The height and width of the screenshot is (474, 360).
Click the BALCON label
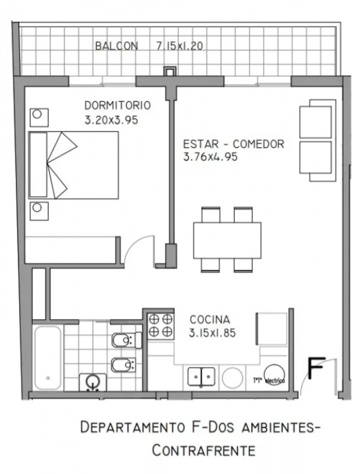click(x=117, y=46)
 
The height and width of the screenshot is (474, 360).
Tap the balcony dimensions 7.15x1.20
click(x=180, y=46)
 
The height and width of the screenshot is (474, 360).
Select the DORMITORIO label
click(x=118, y=105)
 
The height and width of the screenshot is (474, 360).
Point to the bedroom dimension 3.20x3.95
click(x=111, y=120)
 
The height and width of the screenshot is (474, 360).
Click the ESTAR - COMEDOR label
click(x=233, y=144)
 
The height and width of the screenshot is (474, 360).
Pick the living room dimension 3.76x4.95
click(x=210, y=157)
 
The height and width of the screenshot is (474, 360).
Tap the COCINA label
click(x=209, y=319)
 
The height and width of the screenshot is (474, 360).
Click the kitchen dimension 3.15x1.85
click(x=212, y=333)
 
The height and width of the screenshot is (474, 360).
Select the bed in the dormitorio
click(x=73, y=165)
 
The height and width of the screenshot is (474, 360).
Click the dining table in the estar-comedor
click(x=227, y=240)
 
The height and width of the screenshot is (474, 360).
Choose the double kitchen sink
click(x=201, y=377)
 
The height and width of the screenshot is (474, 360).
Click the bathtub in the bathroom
click(x=48, y=358)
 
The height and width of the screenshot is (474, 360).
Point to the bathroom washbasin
click(x=93, y=382)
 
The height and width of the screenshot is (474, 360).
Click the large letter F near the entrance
click(x=316, y=368)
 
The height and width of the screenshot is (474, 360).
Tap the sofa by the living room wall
click(x=318, y=140)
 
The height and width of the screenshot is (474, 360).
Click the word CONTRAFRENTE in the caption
click(x=203, y=451)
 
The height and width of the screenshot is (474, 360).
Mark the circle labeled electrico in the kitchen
click(x=274, y=375)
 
